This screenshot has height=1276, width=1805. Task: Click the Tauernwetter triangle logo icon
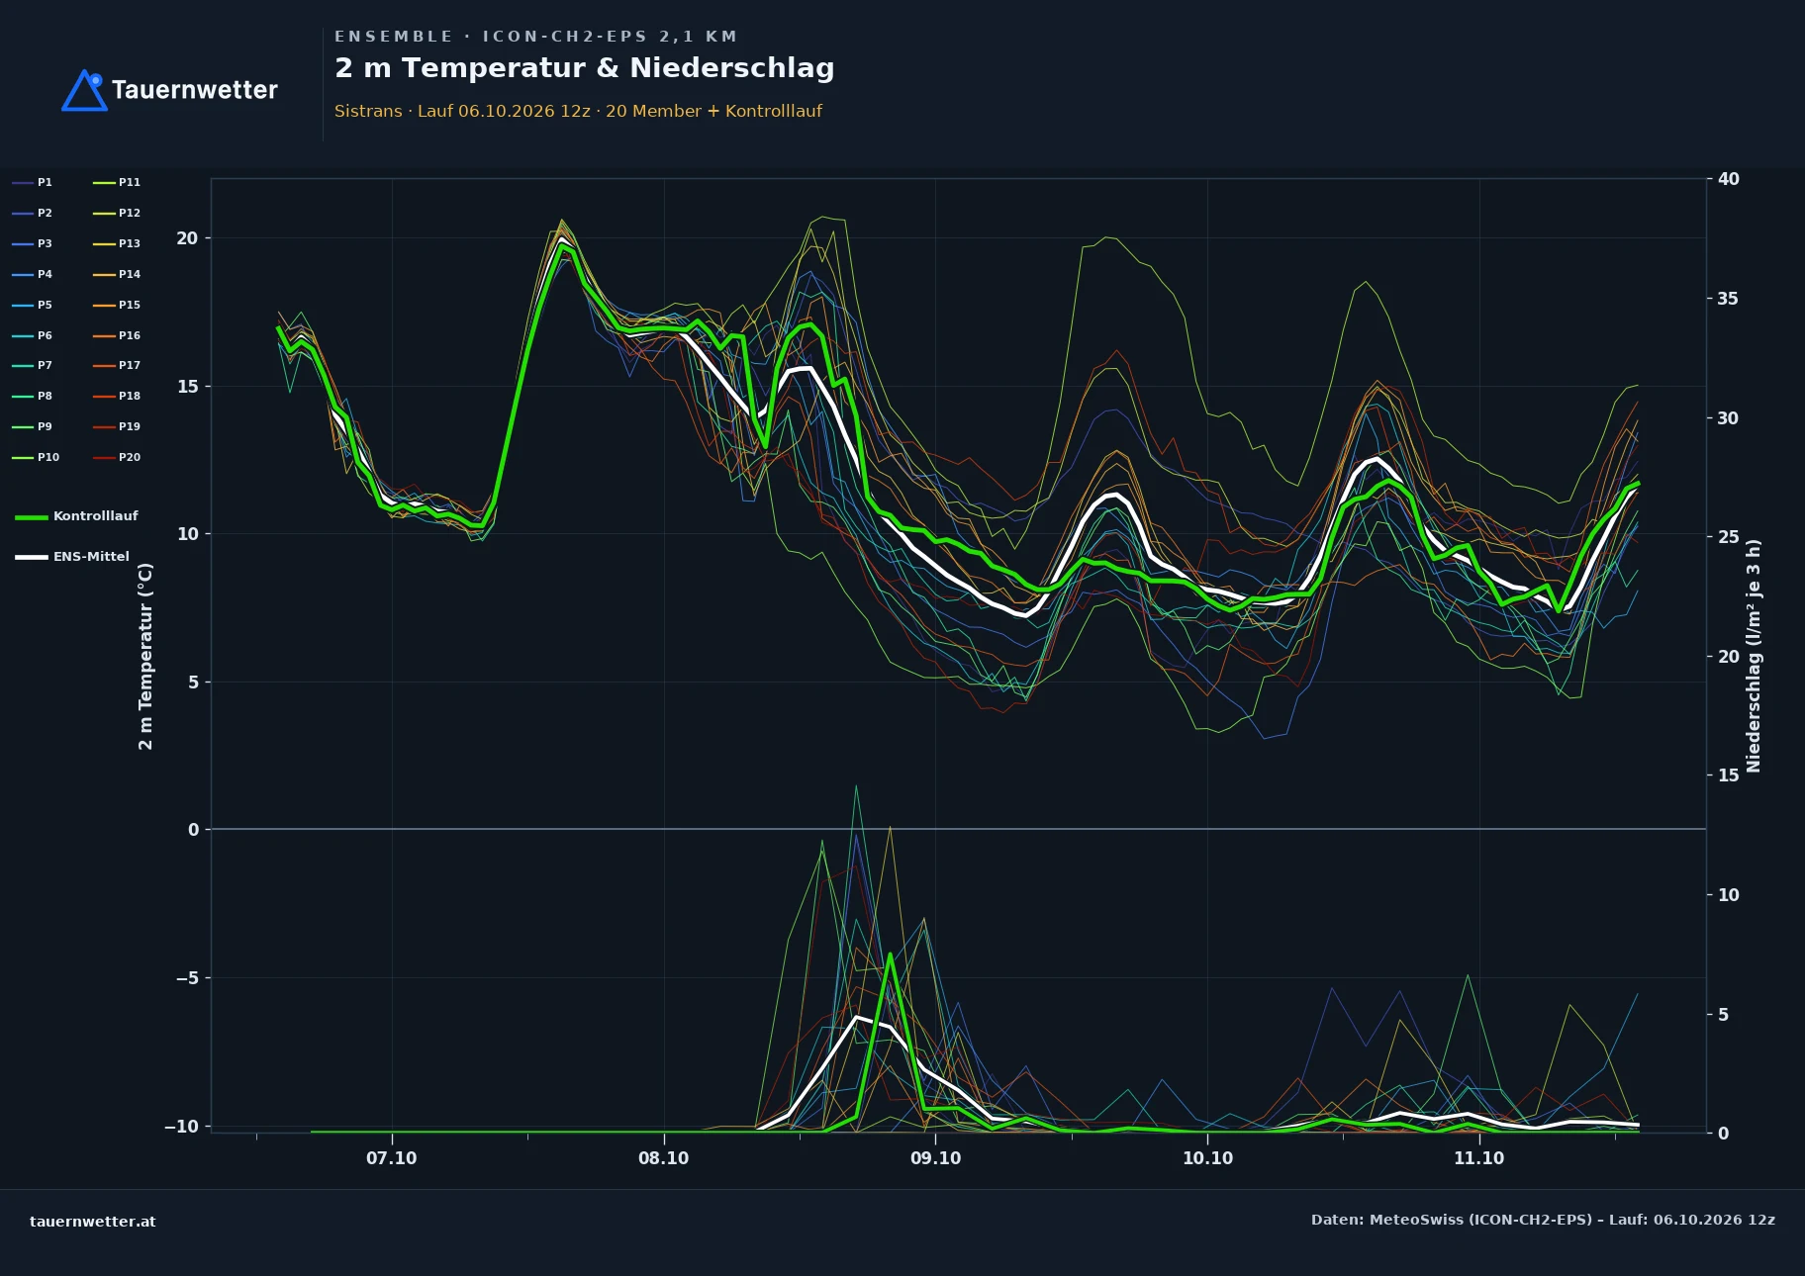(x=84, y=90)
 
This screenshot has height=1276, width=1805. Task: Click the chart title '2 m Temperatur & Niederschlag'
(x=584, y=68)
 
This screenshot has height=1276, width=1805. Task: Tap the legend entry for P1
(x=33, y=182)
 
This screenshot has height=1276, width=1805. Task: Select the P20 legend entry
(x=117, y=457)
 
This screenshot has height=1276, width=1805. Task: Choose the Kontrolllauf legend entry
(x=76, y=516)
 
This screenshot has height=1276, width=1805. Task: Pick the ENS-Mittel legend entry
(x=72, y=557)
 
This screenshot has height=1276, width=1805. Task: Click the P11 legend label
(x=130, y=182)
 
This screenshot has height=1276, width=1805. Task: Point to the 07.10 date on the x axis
(x=392, y=1158)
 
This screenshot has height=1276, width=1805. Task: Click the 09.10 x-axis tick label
(x=935, y=1158)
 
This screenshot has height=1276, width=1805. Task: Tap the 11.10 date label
(x=1478, y=1158)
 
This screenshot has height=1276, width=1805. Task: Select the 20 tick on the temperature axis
(x=187, y=238)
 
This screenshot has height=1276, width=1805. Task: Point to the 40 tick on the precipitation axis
(x=1729, y=179)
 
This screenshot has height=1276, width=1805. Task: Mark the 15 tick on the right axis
(x=1729, y=775)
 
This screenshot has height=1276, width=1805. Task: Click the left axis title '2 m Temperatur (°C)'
(x=145, y=656)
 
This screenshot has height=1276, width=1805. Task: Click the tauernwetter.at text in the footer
(x=93, y=1222)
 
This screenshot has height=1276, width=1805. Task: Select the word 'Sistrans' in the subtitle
(x=368, y=111)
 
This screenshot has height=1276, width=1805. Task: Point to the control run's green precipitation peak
(x=890, y=954)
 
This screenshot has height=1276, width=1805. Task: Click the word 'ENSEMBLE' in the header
(x=394, y=37)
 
